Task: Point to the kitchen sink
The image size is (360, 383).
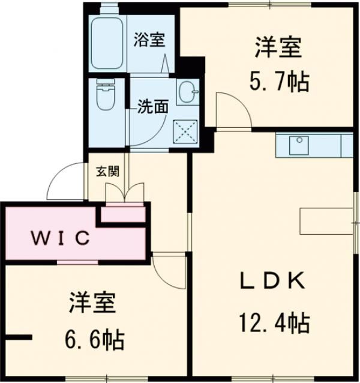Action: (298, 145)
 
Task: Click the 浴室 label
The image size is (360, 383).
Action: (149, 41)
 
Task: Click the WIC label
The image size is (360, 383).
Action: (60, 238)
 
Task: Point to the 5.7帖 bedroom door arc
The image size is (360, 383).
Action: (230, 109)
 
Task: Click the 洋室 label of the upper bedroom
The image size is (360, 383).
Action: (278, 47)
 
